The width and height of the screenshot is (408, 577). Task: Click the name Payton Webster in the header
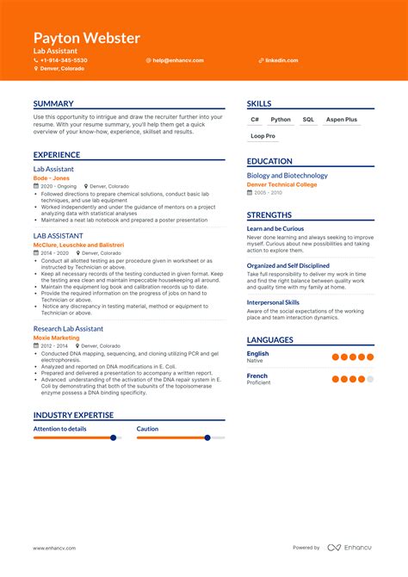pyautogui.click(x=86, y=39)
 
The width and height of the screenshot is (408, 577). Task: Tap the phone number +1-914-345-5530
pyautogui.click(x=64, y=60)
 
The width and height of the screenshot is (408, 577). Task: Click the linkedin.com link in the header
pyautogui.click(x=281, y=60)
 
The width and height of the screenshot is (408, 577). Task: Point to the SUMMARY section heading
pyautogui.click(x=53, y=104)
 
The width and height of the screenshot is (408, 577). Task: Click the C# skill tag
pyautogui.click(x=255, y=120)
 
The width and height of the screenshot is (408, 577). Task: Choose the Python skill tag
pyautogui.click(x=281, y=120)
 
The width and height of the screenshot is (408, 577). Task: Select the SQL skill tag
pyautogui.click(x=308, y=120)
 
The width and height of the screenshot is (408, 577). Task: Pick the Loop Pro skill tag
pyautogui.click(x=263, y=136)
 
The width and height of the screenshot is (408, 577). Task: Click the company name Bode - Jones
pyautogui.click(x=52, y=178)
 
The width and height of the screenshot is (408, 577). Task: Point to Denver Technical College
pyautogui.click(x=282, y=184)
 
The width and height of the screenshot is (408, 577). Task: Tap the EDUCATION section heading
pyautogui.click(x=269, y=161)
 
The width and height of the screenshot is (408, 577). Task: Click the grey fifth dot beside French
pyautogui.click(x=370, y=379)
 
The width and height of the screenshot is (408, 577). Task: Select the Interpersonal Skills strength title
pyautogui.click(x=273, y=302)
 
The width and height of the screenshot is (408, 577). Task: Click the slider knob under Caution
pyautogui.click(x=207, y=437)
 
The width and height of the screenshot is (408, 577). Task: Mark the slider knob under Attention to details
pyautogui.click(x=113, y=437)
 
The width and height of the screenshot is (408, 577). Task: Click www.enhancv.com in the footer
pyautogui.click(x=52, y=548)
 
